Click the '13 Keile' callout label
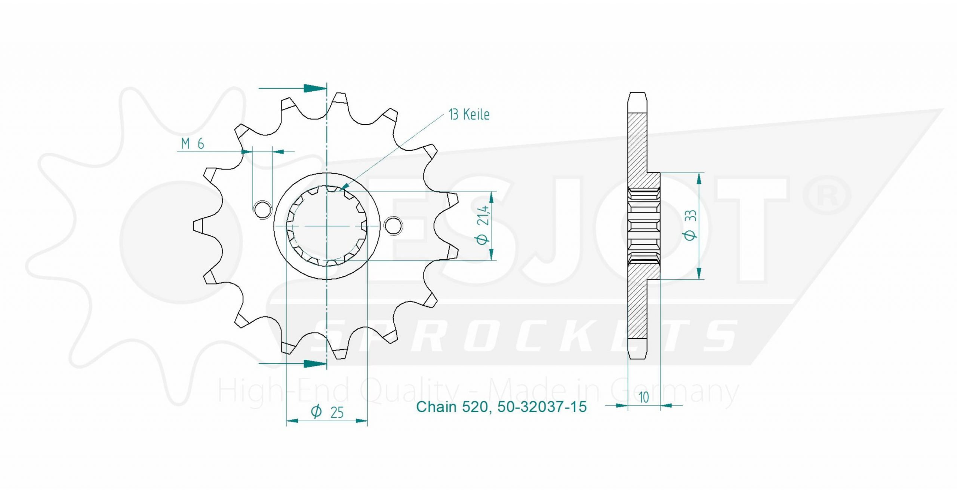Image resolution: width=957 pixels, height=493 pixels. pos(469,114)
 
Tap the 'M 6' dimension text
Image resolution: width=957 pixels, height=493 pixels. pos(193,144)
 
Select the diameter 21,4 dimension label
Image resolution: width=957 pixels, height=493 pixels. pos(483,225)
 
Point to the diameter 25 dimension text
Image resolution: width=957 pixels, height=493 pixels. pos(327,412)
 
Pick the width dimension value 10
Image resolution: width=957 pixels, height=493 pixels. pos(644,397)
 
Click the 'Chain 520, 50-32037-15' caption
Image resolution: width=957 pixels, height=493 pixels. pos(501,407)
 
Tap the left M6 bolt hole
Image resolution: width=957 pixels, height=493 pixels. pos(263,209)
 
